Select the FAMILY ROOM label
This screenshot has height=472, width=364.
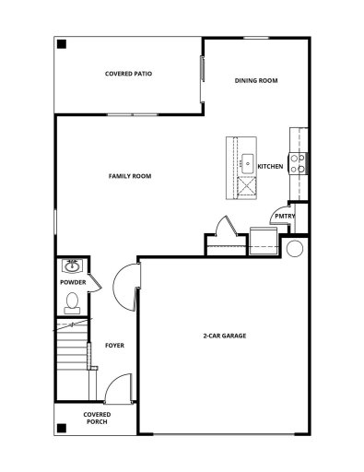(130, 175)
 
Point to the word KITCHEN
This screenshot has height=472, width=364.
(270, 166)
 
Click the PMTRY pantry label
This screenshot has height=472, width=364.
(284, 216)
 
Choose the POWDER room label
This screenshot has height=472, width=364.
(73, 282)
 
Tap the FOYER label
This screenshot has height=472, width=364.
(113, 346)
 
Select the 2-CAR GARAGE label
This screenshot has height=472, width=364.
(224, 336)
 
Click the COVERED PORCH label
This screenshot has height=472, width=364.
(96, 418)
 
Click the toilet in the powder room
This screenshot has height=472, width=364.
(72, 301)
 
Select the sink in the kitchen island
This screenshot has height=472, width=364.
(247, 163)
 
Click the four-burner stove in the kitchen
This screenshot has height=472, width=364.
(299, 163)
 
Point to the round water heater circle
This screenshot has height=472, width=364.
(295, 249)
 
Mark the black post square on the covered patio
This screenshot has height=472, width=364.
(61, 44)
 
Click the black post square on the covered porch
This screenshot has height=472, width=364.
(61, 428)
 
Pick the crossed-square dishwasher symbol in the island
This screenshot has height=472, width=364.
(246, 188)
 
